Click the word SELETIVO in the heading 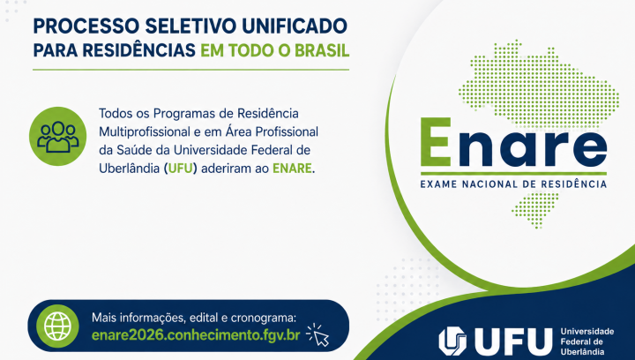[x=190, y=26]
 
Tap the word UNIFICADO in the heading [x=295, y=26]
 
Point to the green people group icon [x=58, y=136]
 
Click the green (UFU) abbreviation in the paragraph [x=180, y=168]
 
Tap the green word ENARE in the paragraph [x=292, y=168]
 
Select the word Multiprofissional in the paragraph [x=145, y=131]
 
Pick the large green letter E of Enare [x=436, y=142]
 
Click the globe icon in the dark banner [x=57, y=326]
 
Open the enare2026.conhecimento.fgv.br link [x=196, y=335]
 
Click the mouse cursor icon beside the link [x=317, y=334]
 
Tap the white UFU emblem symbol [x=452, y=341]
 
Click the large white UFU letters [x=512, y=341]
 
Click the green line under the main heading [x=190, y=70]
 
